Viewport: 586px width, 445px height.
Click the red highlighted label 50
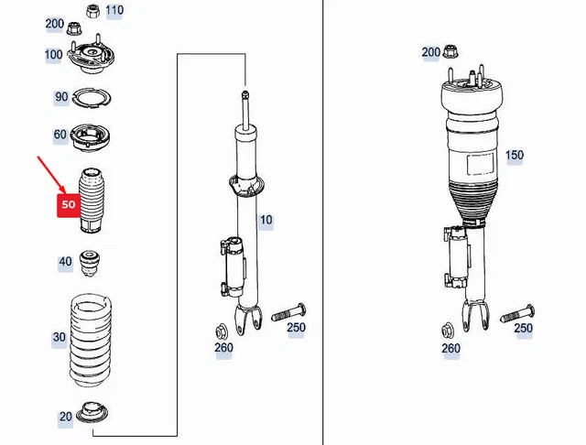tap(69, 205)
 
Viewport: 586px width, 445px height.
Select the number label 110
tap(114, 11)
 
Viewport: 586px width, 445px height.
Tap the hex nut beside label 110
tap(92, 12)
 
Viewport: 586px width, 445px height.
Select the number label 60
tap(60, 136)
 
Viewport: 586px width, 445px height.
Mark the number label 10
tap(266, 221)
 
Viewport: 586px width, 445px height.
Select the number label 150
tap(515, 156)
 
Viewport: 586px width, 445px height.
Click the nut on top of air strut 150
tap(450, 53)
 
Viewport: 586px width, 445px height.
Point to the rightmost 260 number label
tap(450, 348)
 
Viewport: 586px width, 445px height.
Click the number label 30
tap(60, 338)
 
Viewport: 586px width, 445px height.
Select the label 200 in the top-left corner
tap(54, 24)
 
